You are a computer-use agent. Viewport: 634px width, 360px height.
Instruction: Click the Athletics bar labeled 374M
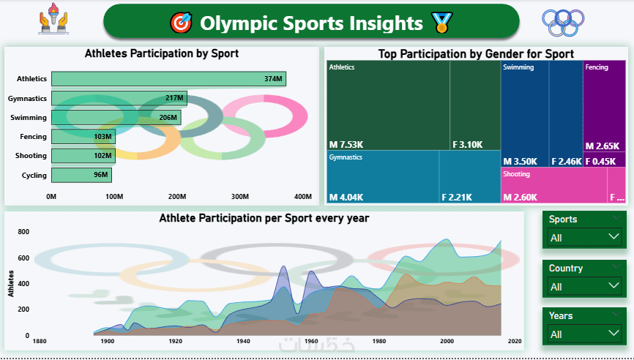(x=168, y=79)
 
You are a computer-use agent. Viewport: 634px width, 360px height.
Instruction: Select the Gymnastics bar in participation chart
(x=119, y=98)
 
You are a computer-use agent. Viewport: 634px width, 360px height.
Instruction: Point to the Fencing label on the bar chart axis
(x=33, y=137)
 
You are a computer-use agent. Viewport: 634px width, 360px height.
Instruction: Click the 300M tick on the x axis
(x=240, y=196)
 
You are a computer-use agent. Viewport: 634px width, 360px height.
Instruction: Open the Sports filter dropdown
(x=585, y=237)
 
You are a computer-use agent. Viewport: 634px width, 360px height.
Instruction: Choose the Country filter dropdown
(x=585, y=286)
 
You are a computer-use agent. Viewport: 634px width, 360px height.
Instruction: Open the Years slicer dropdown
(x=585, y=334)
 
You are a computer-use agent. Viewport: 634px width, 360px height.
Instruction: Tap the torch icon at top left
(x=53, y=22)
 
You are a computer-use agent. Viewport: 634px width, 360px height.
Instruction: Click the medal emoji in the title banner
(x=441, y=23)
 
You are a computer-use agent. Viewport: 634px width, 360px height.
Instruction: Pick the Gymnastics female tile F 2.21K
(x=469, y=176)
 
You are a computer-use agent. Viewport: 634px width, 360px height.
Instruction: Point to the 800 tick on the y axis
(x=23, y=231)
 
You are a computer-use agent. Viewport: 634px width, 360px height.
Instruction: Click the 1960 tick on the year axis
(x=311, y=342)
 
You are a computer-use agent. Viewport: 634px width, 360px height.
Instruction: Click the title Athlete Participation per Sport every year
(x=264, y=218)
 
